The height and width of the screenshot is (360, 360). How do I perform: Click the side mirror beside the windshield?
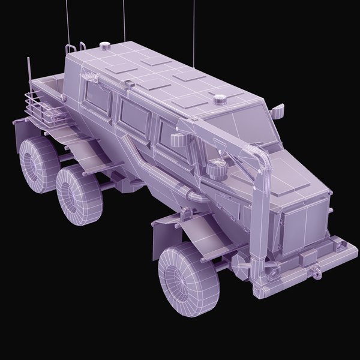(278, 111)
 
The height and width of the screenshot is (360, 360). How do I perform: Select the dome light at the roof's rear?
(105, 46)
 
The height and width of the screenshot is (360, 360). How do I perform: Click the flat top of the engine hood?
(288, 180)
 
